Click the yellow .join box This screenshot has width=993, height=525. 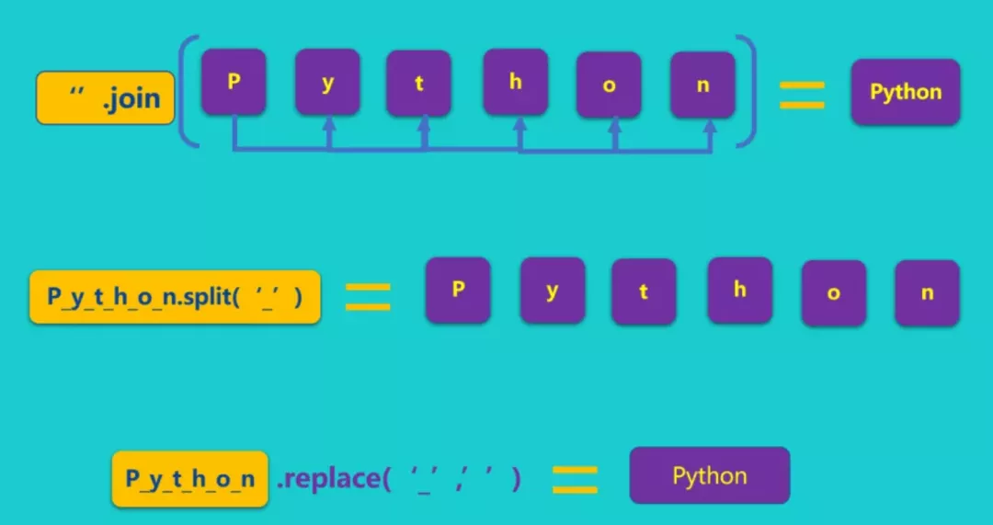tap(106, 97)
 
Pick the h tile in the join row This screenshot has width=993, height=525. tap(516, 82)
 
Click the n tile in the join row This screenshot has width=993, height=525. tap(703, 85)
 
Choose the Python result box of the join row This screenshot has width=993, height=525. tap(906, 92)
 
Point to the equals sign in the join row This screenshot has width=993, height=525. tap(802, 95)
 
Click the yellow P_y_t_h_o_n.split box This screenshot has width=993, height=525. tap(175, 296)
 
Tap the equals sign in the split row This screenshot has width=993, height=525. tap(368, 296)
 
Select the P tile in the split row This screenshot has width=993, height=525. tap(458, 290)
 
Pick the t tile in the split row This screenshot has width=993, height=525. tap(644, 291)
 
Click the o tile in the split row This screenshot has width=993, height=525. tap(834, 293)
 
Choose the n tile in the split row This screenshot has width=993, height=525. tap(927, 292)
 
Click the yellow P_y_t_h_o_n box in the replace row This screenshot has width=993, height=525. tap(189, 478)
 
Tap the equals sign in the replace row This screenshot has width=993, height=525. tap(575, 478)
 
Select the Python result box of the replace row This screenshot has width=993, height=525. tap(710, 475)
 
